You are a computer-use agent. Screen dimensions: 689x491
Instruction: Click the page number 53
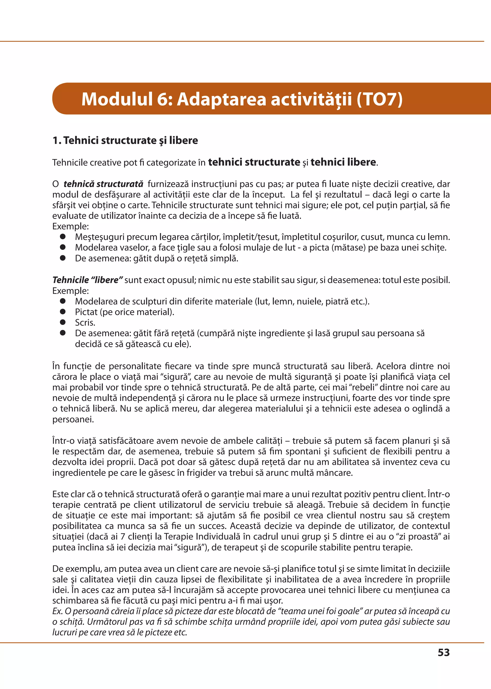[444, 652]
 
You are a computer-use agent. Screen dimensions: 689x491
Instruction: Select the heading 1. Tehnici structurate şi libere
[125, 140]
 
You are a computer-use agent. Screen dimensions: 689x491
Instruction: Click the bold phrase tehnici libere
[343, 162]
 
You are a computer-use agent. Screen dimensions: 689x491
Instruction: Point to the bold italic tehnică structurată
[103, 184]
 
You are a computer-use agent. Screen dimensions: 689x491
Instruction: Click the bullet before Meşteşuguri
[63, 236]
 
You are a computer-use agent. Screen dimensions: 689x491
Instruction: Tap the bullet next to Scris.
[63, 322]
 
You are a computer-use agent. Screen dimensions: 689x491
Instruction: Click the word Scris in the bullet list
[85, 322]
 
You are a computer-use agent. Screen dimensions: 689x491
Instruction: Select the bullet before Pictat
[63, 312]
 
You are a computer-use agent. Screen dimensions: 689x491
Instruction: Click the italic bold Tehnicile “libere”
[87, 280]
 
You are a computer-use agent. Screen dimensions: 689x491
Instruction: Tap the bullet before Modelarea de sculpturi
[63, 301]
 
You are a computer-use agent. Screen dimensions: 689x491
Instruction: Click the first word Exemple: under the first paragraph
[70, 226]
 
